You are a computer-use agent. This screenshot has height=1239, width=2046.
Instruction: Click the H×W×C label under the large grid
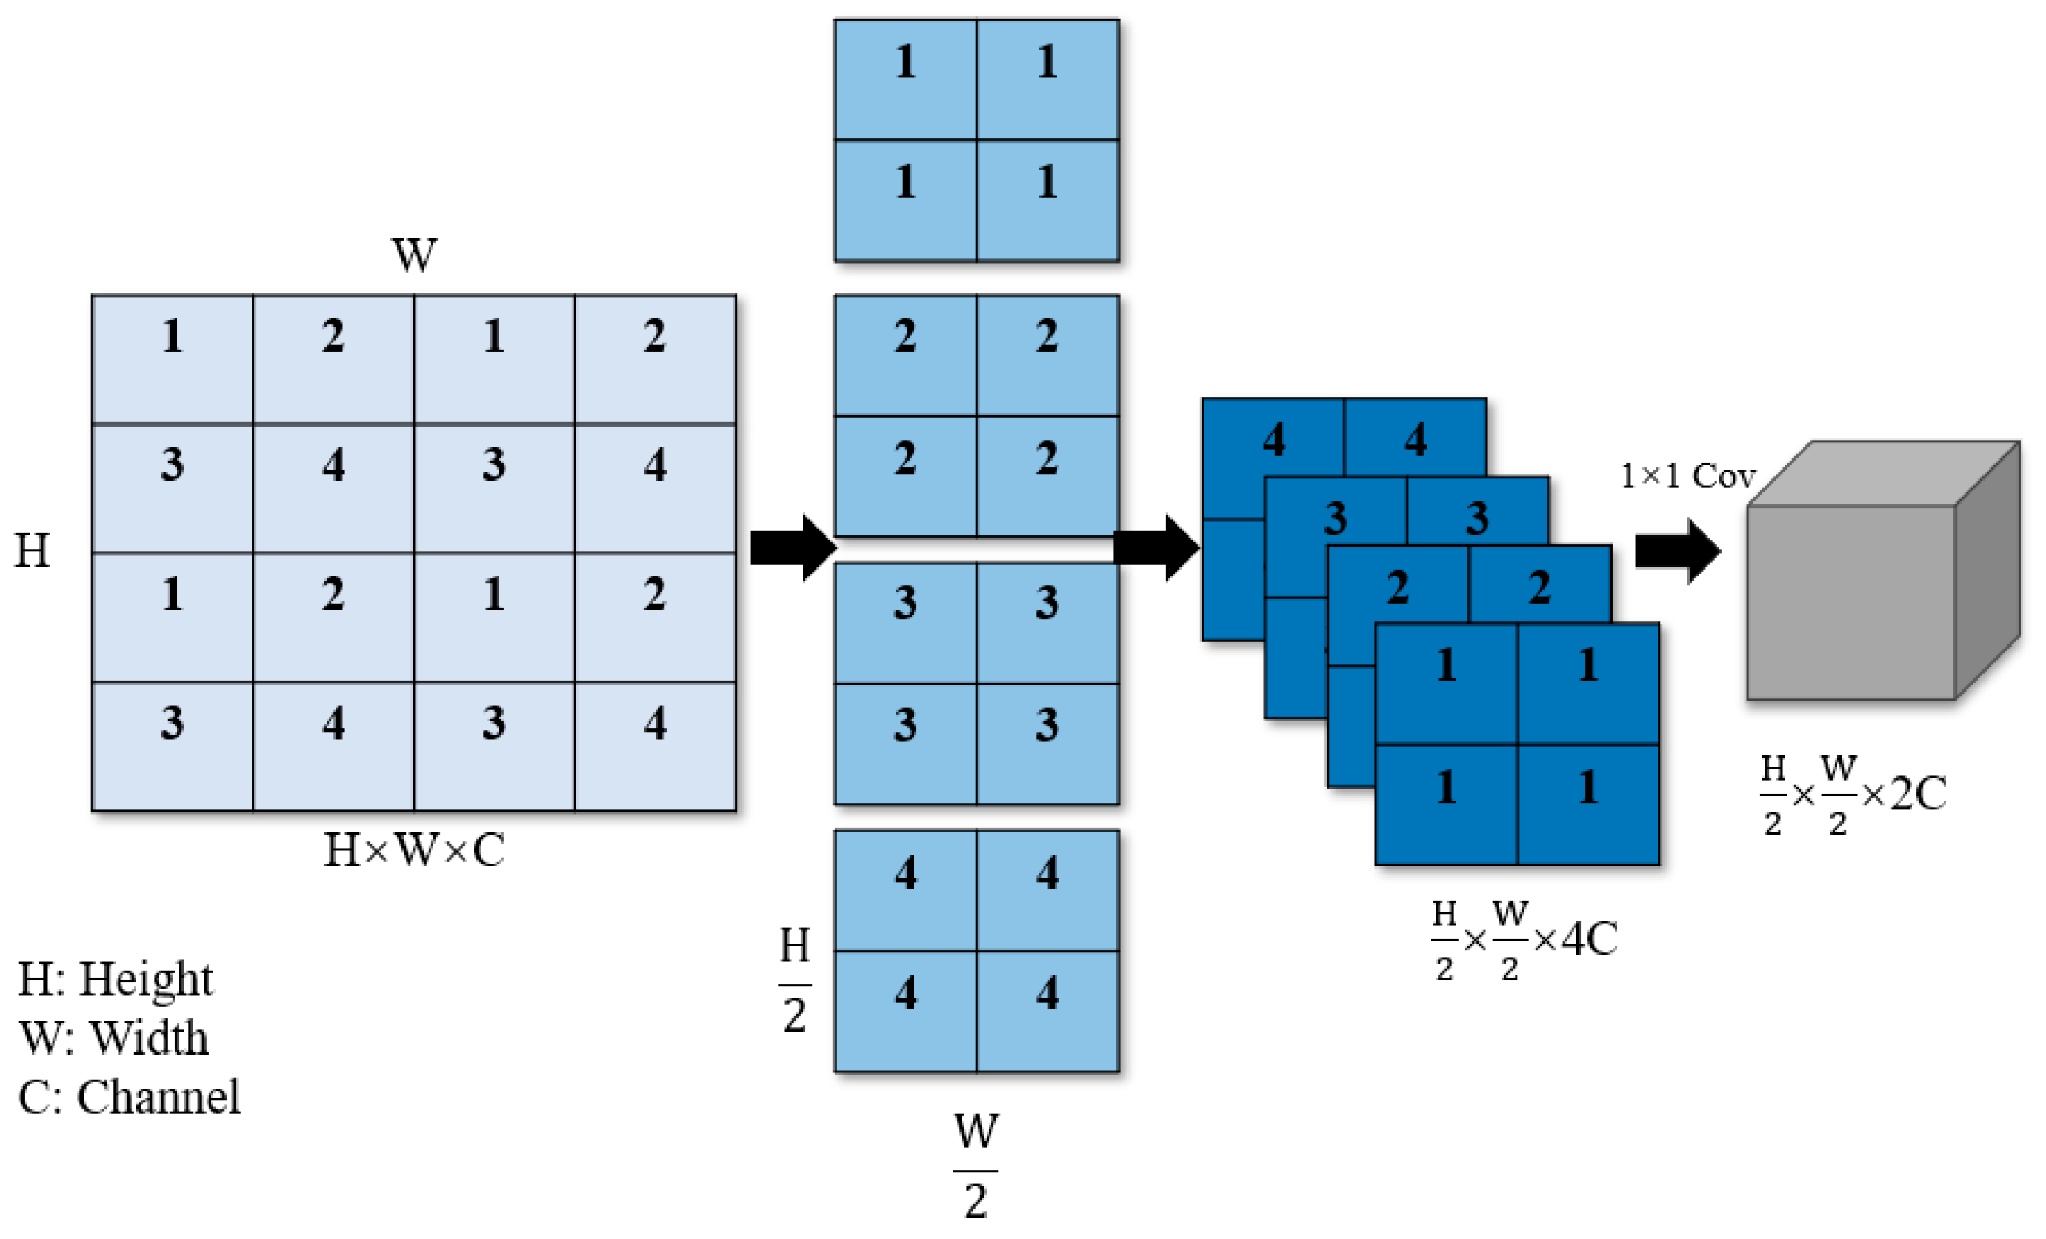click(413, 849)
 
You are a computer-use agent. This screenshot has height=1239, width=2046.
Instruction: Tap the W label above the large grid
click(413, 254)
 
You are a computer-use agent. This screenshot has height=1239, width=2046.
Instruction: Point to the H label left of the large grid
click(33, 550)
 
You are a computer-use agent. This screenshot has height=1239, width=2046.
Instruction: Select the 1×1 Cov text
click(1687, 476)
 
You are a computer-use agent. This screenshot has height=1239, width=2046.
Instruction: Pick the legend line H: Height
click(116, 979)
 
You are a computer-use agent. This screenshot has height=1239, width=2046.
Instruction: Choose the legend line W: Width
click(113, 1038)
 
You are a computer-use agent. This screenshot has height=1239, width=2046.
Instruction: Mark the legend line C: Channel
click(129, 1097)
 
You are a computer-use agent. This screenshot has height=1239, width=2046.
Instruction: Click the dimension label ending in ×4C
click(1524, 939)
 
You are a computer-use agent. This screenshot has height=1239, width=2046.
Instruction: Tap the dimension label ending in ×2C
click(1853, 794)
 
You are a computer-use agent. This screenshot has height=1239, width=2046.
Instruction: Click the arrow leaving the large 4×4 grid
click(792, 548)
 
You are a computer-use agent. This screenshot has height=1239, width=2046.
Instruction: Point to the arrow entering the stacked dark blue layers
click(1155, 548)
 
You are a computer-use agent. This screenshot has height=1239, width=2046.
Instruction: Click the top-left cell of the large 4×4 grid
click(173, 358)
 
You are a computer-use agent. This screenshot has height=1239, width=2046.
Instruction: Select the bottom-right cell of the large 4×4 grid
click(655, 746)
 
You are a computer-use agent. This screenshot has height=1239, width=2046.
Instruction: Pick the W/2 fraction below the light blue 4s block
click(976, 1166)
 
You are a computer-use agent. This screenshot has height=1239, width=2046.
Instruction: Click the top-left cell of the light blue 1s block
click(905, 79)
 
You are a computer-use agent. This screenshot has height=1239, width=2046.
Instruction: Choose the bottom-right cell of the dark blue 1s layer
click(1587, 804)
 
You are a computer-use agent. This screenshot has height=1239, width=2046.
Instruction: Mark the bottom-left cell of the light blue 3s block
click(905, 744)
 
